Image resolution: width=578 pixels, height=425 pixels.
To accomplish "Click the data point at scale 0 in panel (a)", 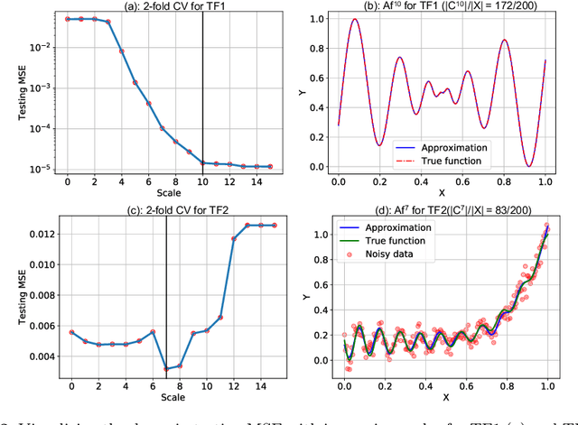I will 68,18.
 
